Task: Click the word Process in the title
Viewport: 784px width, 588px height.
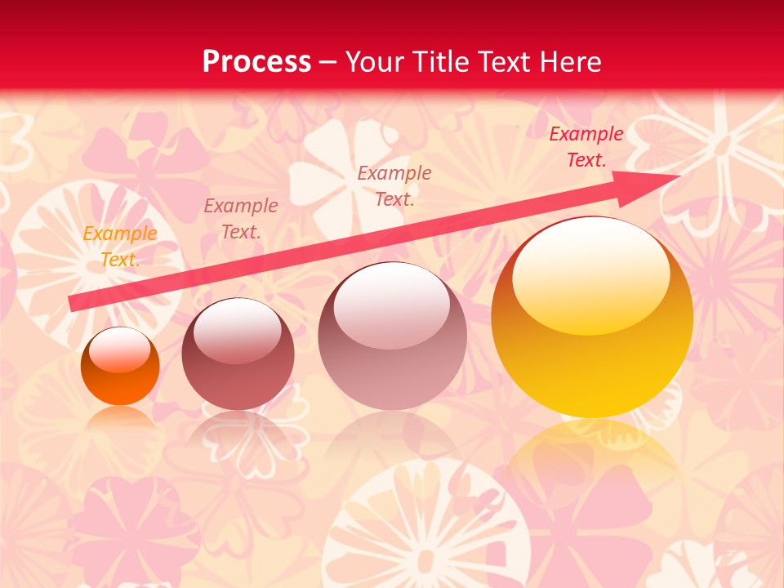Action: click(x=256, y=62)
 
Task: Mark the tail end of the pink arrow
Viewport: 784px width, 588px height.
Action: click(x=73, y=303)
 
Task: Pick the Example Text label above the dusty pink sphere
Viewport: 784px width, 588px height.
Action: click(x=394, y=185)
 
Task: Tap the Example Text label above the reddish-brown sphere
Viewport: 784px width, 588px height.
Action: click(x=240, y=219)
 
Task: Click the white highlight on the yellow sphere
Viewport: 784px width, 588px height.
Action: click(x=590, y=274)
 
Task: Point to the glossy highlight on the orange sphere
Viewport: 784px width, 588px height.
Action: click(x=120, y=350)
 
